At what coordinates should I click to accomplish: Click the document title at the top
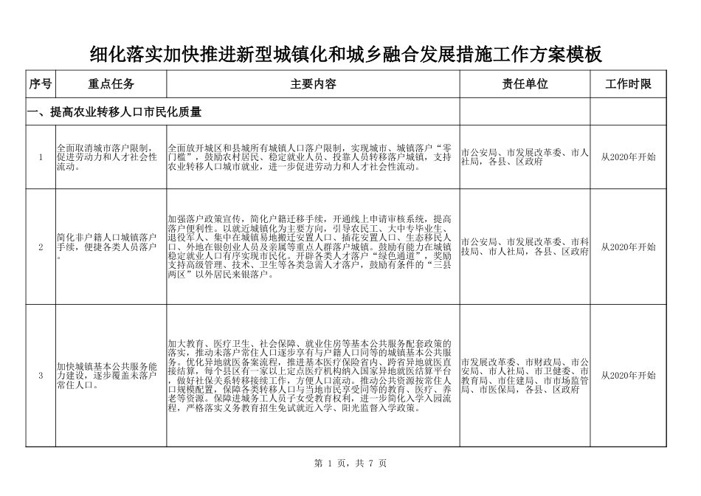(346, 55)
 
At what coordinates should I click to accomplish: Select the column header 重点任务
(111, 84)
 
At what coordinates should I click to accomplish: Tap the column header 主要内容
(313, 84)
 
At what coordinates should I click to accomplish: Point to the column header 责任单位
(525, 84)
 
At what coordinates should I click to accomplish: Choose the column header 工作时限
(628, 84)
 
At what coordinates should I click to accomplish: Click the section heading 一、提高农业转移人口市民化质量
(114, 112)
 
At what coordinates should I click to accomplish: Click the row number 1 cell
(41, 157)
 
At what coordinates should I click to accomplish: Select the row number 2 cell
(41, 247)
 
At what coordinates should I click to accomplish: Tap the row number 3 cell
(41, 376)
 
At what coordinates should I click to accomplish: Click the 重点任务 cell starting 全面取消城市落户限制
(107, 157)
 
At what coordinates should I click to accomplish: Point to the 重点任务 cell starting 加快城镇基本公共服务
(107, 376)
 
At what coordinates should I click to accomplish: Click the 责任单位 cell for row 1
(524, 157)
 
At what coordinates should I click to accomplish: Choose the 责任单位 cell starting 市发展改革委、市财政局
(524, 376)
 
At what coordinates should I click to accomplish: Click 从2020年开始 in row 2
(628, 247)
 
